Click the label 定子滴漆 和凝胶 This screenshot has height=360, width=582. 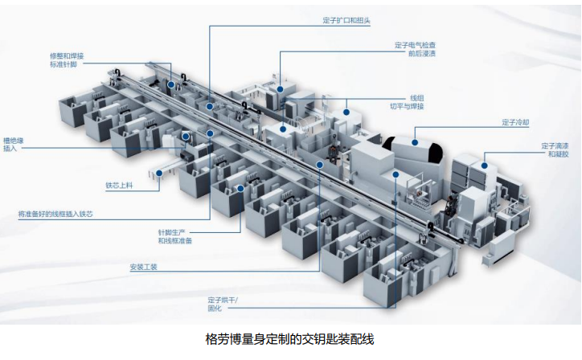point(555,149)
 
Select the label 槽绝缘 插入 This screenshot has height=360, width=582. point(14,145)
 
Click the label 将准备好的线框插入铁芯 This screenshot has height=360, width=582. point(61,215)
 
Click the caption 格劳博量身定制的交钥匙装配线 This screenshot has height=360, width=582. point(290,339)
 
